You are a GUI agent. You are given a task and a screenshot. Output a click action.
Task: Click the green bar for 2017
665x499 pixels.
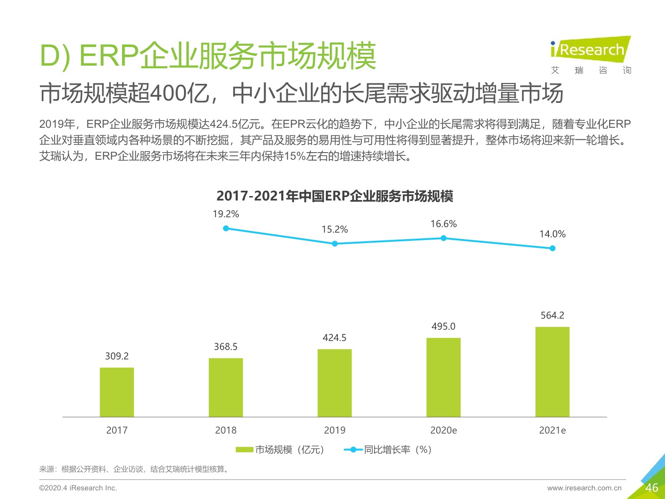click(117, 392)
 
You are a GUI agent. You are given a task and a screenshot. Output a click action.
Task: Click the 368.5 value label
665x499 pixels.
click(226, 346)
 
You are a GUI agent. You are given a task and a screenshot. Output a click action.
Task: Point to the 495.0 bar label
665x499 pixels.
click(443, 326)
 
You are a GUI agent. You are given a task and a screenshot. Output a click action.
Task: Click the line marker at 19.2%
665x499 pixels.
click(226, 228)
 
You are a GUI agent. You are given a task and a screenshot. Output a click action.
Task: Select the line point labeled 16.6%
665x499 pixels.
click(443, 238)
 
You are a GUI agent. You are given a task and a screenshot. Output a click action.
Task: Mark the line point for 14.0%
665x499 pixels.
click(552, 248)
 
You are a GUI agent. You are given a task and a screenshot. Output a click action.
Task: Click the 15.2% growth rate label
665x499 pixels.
click(335, 229)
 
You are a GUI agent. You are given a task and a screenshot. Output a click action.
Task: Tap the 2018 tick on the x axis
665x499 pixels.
click(226, 430)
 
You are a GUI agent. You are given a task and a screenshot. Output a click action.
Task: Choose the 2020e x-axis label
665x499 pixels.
click(443, 430)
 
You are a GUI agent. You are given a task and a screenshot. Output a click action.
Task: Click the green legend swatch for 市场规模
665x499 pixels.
click(244, 450)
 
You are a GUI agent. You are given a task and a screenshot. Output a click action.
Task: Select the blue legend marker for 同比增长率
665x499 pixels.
click(353, 450)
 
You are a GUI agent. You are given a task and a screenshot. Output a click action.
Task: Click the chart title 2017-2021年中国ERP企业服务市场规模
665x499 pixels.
click(335, 196)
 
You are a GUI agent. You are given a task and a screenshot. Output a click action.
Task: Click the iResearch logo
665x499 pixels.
click(590, 50)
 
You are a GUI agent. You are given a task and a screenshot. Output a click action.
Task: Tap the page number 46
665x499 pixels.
click(651, 488)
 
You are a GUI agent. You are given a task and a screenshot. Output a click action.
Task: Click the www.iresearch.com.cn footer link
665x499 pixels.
click(584, 488)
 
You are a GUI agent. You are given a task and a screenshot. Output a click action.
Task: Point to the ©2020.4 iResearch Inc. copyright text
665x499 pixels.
click(78, 488)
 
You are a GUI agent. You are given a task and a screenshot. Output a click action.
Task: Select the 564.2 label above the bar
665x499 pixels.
click(552, 315)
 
